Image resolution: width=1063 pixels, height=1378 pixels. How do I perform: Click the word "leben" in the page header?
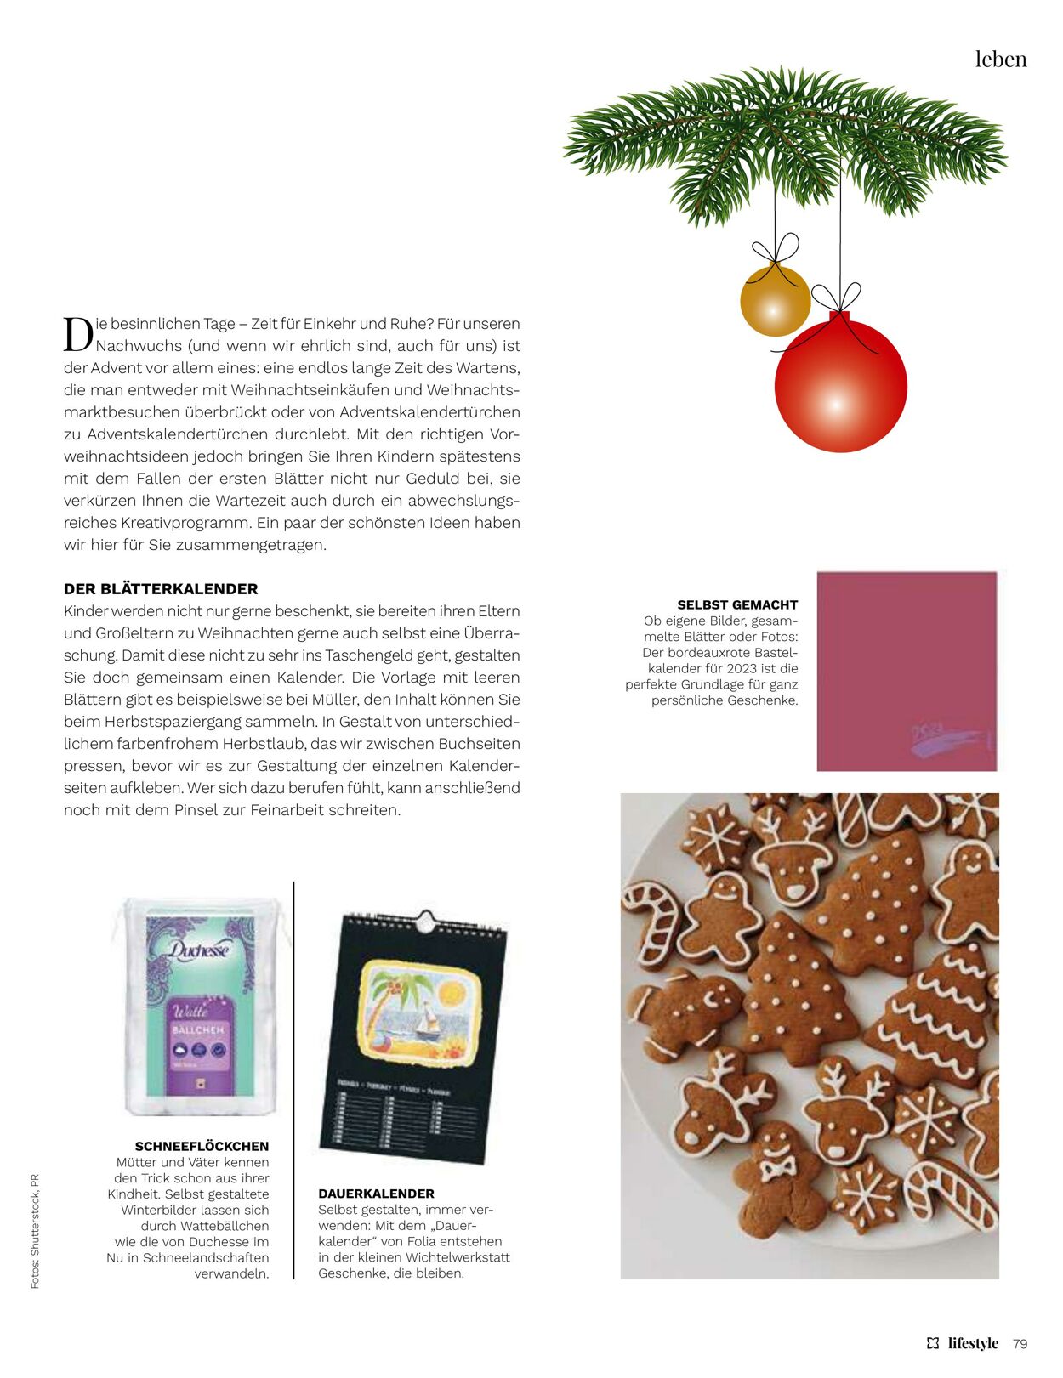pos(1001,60)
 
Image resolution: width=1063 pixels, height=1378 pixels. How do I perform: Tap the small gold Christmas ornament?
pos(774,301)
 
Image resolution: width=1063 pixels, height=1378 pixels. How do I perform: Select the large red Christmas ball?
pos(840,386)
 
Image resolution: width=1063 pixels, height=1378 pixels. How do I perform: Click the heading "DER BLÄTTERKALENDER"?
pos(161,589)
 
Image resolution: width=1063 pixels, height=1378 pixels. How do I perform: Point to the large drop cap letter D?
pos(77,334)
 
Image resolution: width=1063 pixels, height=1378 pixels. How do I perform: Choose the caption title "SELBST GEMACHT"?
pos(737,605)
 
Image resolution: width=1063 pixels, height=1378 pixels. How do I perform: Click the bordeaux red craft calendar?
pos(907,671)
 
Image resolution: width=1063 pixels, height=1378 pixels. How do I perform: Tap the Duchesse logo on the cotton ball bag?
pos(198,950)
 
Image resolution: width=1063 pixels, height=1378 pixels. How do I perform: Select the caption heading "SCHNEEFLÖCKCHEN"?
pos(202,1146)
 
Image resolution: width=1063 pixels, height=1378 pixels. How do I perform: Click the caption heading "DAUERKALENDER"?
pos(376,1194)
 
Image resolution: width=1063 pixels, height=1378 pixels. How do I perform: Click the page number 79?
pos(1020,1344)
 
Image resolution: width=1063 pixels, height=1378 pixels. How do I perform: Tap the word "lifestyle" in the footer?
pos(973,1344)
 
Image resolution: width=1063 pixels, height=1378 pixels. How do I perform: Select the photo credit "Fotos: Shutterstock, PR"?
pos(35,1231)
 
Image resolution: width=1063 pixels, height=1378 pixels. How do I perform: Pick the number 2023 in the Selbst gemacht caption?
pos(742,669)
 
